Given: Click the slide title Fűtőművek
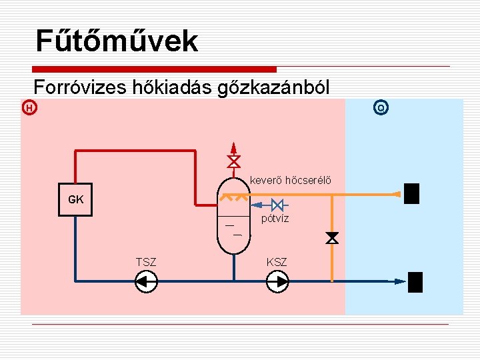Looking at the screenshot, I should [x=117, y=41].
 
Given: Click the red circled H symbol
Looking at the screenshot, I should [x=29, y=107].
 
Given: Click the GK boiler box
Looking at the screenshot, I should [x=75, y=199].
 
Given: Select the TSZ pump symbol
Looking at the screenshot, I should [x=145, y=282].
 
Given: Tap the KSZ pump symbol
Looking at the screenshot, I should [x=277, y=282].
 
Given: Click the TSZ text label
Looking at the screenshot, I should [x=145, y=262].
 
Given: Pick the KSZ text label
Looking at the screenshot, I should [x=277, y=262].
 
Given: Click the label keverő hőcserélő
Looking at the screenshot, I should [x=290, y=179].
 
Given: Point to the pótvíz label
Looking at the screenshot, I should [x=275, y=218].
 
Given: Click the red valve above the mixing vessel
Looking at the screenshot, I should [x=233, y=162].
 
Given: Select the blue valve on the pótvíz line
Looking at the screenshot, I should [x=279, y=204].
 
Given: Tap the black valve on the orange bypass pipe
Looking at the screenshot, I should [x=331, y=238].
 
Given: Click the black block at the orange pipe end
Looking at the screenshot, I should [x=412, y=193].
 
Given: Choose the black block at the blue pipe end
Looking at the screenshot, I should [x=415, y=282].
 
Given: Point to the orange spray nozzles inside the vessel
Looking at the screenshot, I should [x=234, y=198].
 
